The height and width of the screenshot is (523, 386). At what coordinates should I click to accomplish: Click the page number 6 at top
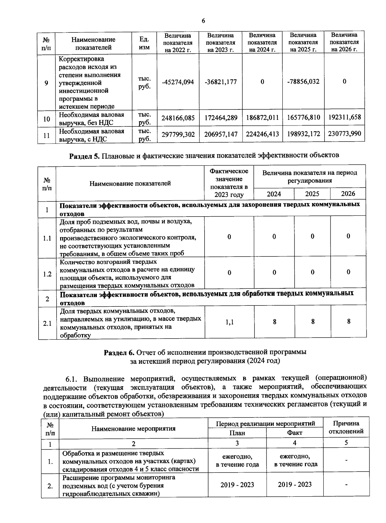(x=203, y=21)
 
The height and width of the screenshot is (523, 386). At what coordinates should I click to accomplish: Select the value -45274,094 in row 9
(x=178, y=82)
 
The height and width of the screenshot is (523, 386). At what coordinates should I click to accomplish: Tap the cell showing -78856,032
(x=303, y=81)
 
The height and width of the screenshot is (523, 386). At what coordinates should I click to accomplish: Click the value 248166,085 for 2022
(x=178, y=118)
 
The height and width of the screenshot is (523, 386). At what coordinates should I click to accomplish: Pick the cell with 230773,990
(x=344, y=134)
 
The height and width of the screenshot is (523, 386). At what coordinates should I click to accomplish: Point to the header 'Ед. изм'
(x=144, y=43)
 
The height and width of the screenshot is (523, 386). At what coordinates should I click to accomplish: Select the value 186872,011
(x=262, y=118)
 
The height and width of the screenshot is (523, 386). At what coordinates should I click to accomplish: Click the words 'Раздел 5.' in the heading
(x=85, y=155)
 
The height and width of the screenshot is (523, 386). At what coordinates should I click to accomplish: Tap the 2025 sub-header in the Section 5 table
(x=312, y=194)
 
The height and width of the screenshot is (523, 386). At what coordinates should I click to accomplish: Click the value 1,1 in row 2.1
(x=229, y=322)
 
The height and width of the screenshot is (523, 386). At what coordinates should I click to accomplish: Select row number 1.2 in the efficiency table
(x=47, y=274)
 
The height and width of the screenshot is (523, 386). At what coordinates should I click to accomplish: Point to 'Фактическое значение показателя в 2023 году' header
(x=229, y=183)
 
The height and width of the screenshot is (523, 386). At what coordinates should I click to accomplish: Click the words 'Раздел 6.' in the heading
(x=119, y=352)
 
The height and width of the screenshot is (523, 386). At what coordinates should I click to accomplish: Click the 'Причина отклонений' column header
(x=346, y=427)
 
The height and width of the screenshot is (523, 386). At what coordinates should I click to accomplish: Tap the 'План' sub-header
(x=237, y=433)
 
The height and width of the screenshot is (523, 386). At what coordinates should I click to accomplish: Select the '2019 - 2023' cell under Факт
(x=295, y=484)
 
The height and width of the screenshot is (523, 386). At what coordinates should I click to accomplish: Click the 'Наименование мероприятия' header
(x=133, y=428)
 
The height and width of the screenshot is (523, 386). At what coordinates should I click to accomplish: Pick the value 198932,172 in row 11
(x=303, y=134)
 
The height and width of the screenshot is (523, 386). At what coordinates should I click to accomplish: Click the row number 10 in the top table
(x=47, y=119)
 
